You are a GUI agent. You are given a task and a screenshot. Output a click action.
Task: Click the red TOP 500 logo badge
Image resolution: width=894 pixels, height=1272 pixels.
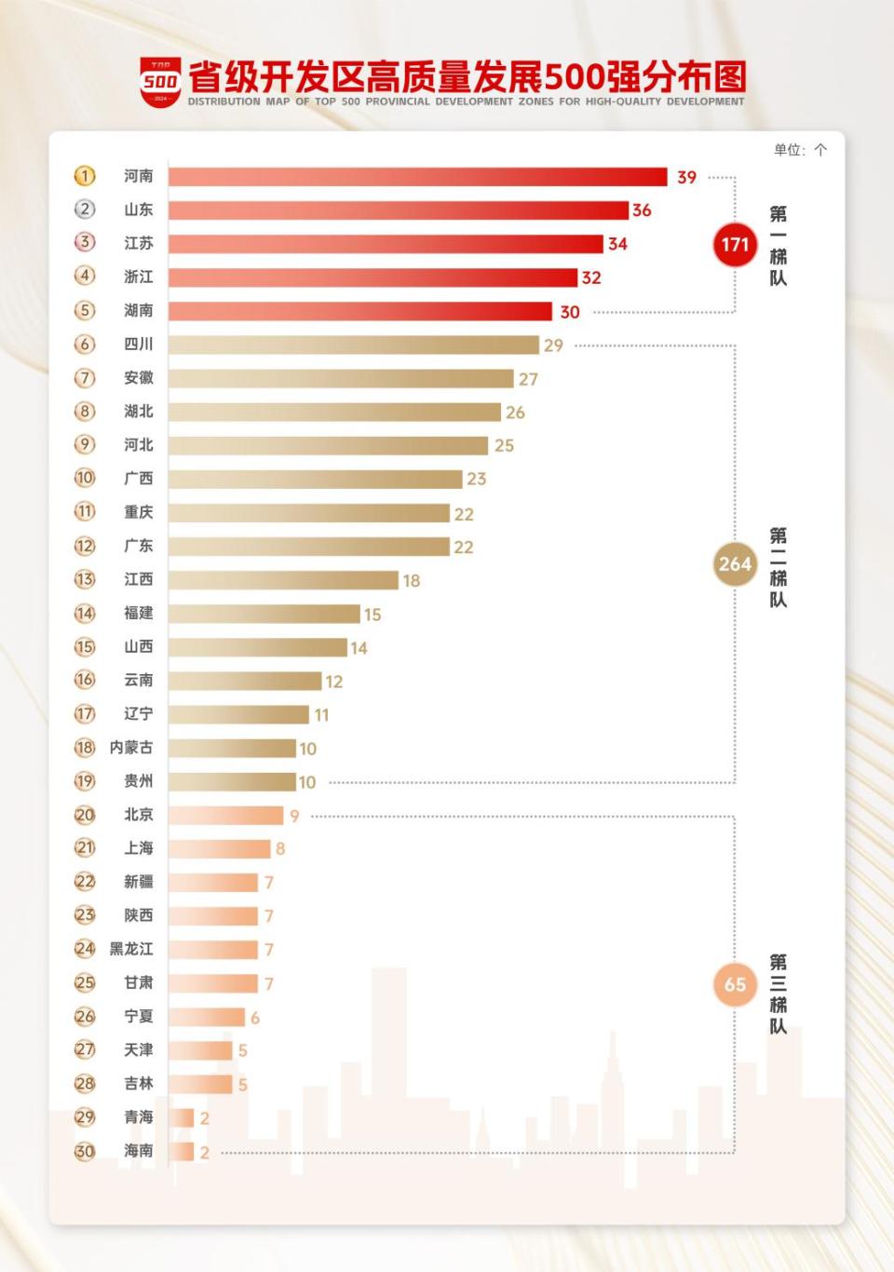tap(159, 81)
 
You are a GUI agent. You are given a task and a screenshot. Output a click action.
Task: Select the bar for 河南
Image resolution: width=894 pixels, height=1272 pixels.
tap(417, 177)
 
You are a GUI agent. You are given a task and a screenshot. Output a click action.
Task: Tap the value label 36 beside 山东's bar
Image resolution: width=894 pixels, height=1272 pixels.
tap(642, 210)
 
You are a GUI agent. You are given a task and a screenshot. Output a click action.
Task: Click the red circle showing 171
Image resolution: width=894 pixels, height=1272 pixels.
tap(735, 244)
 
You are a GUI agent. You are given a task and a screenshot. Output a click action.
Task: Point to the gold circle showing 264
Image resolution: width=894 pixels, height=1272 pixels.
tap(735, 563)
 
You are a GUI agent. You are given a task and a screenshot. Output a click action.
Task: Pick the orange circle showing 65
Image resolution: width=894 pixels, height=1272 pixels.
tap(735, 984)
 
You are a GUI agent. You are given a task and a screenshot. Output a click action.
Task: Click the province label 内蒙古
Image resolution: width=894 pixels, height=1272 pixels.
tap(131, 748)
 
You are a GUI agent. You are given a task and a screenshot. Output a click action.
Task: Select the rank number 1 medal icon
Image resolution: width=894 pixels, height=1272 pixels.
tap(85, 176)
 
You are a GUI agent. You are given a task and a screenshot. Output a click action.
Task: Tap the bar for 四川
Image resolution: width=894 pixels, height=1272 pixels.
tap(354, 345)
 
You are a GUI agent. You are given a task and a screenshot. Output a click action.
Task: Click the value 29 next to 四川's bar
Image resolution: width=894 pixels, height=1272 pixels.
tap(553, 345)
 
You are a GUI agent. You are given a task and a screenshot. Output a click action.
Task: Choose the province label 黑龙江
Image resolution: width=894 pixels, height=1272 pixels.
tap(131, 949)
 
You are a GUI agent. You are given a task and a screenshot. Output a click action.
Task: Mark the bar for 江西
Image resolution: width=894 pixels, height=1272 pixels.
tap(283, 580)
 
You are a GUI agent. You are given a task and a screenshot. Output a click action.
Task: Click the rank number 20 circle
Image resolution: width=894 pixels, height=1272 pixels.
tap(85, 815)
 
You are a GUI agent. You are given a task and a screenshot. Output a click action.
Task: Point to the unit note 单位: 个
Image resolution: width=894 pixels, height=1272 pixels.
tap(800, 150)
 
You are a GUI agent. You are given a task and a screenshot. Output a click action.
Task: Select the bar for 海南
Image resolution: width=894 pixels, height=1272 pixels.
tap(182, 1152)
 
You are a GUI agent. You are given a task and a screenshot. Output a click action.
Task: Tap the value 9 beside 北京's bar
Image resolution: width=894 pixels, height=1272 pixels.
tap(294, 817)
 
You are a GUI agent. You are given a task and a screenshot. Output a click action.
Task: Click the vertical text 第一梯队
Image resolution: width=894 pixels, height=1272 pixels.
tap(779, 246)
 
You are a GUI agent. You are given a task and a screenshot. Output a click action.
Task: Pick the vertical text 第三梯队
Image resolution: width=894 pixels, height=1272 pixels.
tap(779, 994)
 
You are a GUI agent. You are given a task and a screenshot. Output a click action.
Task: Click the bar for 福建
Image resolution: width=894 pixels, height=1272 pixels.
tap(264, 614)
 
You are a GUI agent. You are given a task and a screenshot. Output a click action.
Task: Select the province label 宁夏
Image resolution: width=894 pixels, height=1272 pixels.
tap(139, 1016)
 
